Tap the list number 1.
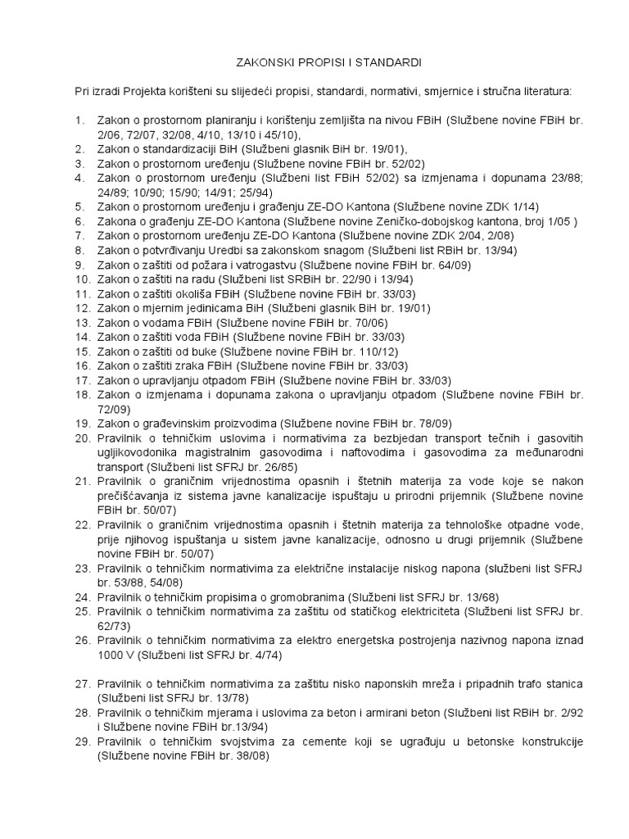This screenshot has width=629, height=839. tap(80, 121)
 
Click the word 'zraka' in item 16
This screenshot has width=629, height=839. tap(189, 366)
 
